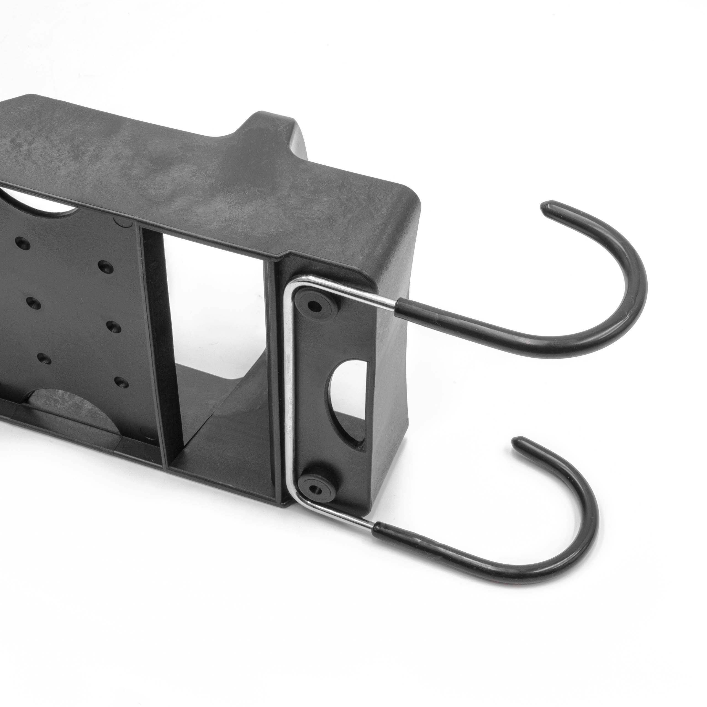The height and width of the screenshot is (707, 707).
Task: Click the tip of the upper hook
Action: [x=546, y=207]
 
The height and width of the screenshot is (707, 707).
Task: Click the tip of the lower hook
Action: [x=518, y=442]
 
